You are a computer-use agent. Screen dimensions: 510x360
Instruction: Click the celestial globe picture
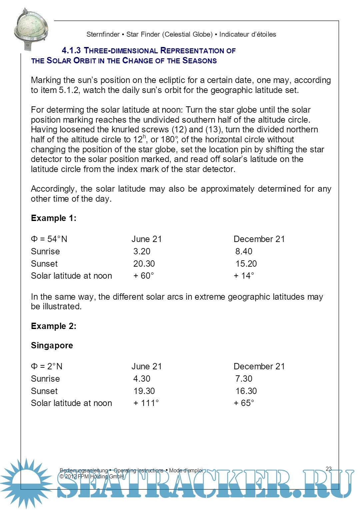point(30,29)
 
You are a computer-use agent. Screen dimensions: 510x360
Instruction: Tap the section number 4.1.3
point(71,51)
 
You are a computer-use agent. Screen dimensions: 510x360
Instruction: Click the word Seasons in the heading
point(199,61)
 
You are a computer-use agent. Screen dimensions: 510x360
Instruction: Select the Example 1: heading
point(53,218)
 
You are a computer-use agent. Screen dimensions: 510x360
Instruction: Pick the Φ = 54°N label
point(49,239)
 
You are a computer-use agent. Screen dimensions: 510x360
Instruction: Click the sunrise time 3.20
point(142,251)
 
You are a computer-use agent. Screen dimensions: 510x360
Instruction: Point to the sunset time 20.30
point(144,264)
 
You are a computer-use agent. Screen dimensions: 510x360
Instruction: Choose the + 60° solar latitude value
point(144,276)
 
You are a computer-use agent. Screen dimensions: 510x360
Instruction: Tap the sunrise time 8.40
point(244,251)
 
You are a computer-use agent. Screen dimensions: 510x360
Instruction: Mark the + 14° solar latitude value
point(244,276)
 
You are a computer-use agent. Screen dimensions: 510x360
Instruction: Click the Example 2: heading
point(53,326)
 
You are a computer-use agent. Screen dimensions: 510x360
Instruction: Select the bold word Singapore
point(52,345)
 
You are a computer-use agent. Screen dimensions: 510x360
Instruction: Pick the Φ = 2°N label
point(47,366)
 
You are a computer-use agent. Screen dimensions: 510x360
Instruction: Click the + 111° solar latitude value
point(146,403)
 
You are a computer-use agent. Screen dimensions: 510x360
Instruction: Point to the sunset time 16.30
point(246,391)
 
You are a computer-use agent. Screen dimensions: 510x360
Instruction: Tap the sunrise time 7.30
point(244,379)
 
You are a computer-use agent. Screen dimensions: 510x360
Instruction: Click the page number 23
point(329,469)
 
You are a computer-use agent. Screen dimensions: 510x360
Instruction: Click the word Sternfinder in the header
point(103,34)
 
